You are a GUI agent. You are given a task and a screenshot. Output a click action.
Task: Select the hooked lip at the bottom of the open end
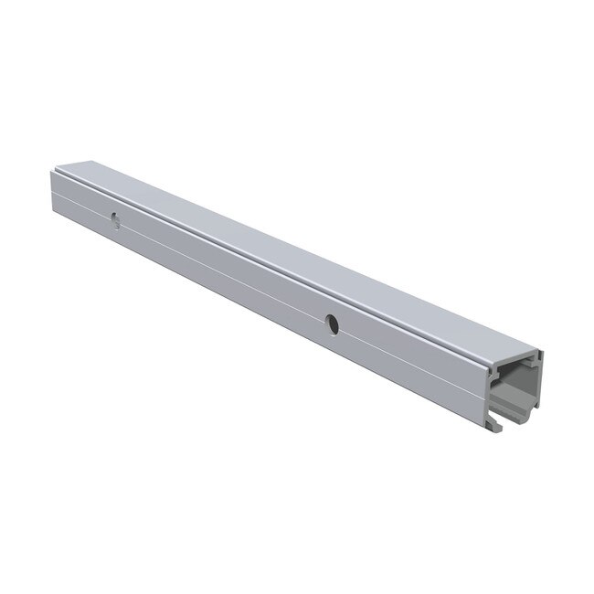(504, 422)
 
